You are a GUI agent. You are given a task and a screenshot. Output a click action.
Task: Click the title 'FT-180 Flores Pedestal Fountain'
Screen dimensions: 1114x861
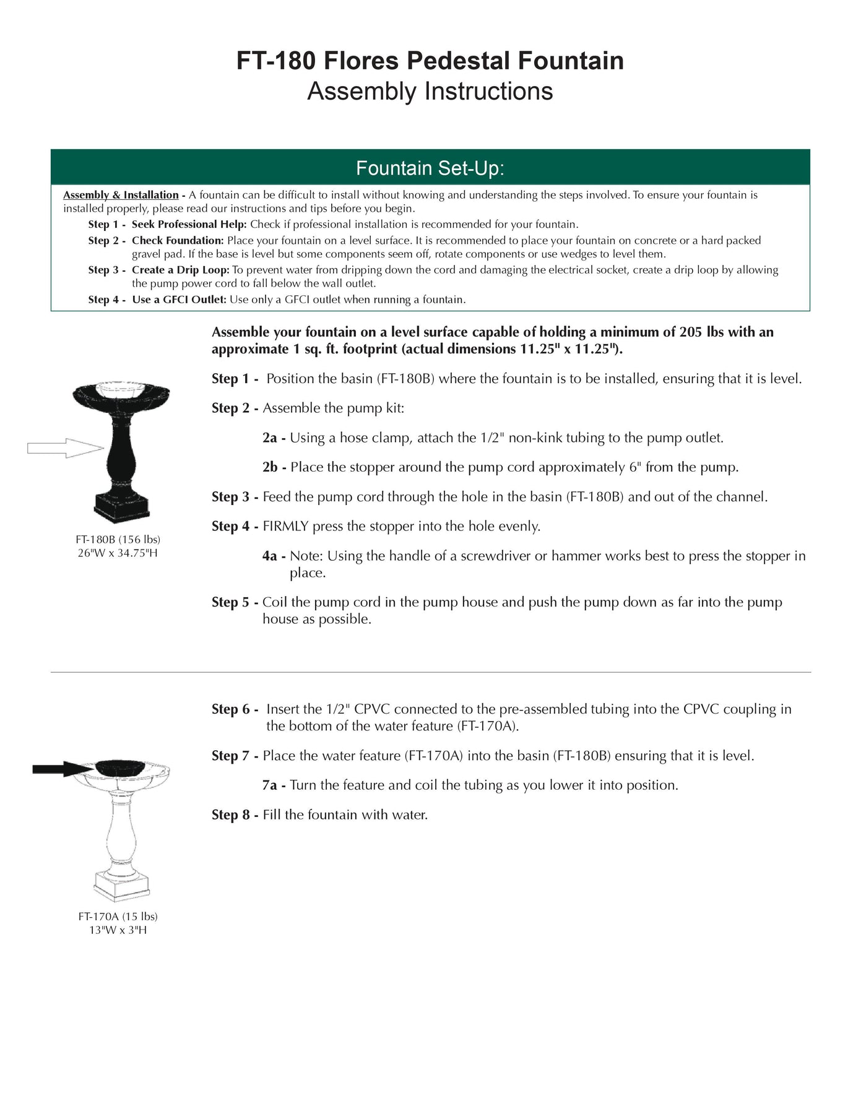point(430,61)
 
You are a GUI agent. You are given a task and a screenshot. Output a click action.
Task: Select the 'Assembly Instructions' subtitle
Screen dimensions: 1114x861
point(430,91)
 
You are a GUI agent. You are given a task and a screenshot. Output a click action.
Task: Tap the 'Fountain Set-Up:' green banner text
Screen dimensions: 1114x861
point(430,168)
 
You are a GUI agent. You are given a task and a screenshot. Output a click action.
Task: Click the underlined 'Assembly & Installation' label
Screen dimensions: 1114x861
point(121,195)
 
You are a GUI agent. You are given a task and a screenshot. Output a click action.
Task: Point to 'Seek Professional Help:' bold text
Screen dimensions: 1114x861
point(189,224)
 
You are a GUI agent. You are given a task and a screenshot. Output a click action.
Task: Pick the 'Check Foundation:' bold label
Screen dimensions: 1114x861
point(177,240)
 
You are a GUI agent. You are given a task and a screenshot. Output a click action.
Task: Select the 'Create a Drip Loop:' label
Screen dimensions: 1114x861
point(180,270)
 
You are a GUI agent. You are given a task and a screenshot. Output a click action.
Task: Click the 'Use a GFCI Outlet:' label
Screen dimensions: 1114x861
point(179,300)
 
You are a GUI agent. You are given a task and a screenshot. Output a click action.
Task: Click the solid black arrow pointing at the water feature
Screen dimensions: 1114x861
point(63,769)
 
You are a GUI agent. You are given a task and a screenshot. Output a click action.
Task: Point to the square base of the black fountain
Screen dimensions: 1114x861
point(122,507)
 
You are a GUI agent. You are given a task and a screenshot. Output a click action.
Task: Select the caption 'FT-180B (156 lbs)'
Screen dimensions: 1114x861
point(118,540)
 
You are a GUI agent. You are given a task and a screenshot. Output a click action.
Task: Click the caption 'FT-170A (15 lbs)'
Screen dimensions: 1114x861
point(118,916)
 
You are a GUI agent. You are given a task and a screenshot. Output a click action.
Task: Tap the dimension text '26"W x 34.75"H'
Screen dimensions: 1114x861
point(118,553)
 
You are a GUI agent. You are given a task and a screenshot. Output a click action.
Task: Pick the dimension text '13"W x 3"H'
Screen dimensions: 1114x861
point(118,930)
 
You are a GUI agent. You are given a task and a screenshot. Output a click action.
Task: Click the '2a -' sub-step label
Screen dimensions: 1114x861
point(274,438)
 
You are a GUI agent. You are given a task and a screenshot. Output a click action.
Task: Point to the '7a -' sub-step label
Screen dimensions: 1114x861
point(274,785)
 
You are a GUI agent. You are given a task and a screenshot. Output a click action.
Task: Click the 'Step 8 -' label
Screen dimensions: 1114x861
point(235,814)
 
